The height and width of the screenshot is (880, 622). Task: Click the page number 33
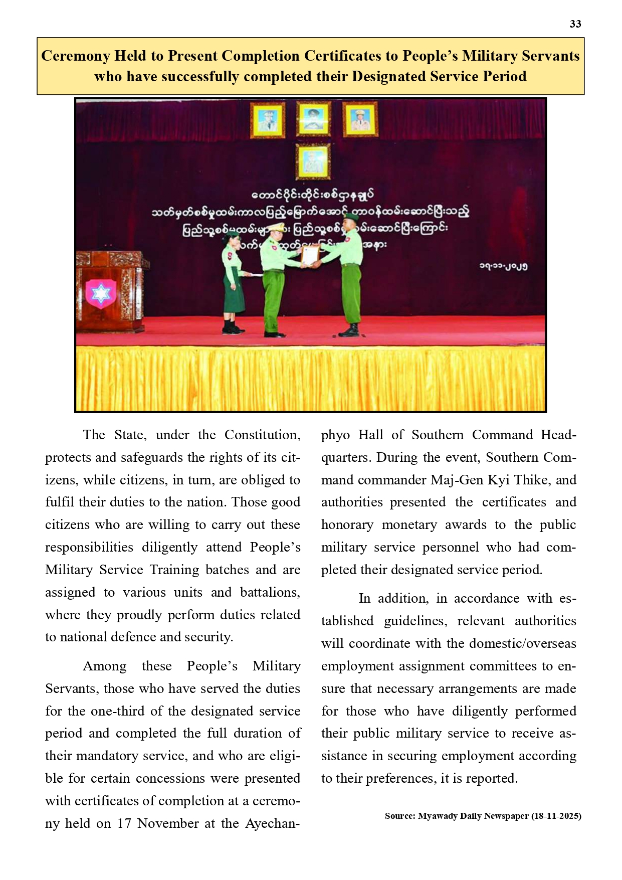(575, 24)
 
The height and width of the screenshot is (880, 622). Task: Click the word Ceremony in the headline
(76, 56)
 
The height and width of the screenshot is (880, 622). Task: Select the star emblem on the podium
(101, 293)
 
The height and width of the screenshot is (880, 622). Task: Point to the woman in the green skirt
(233, 283)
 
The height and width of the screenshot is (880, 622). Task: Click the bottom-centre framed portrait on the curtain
(313, 161)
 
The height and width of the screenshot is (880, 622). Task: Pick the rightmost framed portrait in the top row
(360, 119)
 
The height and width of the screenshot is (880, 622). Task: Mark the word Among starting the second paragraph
(104, 666)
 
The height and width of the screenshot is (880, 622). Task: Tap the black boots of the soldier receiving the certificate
(349, 330)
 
